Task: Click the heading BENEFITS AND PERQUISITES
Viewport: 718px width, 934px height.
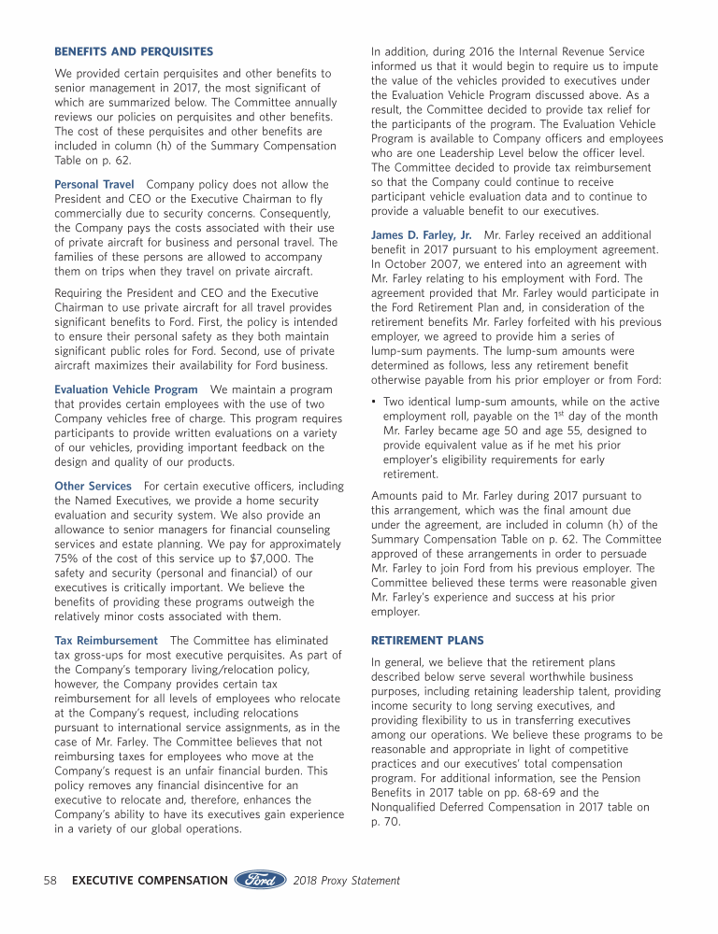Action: pos(134,51)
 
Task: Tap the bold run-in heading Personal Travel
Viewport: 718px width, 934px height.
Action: pos(94,185)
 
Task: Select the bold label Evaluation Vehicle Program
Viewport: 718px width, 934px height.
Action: pos(126,389)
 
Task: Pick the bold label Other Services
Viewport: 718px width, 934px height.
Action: pos(93,487)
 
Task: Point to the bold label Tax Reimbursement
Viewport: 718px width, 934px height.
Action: pos(107,641)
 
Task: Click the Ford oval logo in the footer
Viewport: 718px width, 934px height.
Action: pos(260,881)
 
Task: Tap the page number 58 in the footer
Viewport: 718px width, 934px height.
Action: pos(52,881)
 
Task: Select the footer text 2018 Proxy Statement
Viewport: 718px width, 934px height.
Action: pos(347,881)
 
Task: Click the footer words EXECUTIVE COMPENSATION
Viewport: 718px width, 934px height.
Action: pos(150,881)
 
